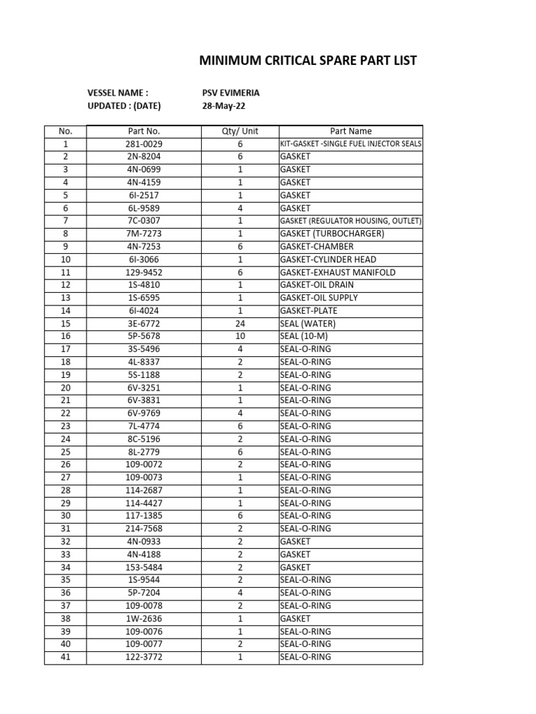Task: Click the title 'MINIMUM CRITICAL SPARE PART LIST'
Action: tap(308, 61)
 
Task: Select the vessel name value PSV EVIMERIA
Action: tap(230, 93)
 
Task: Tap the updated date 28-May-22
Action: tap(223, 106)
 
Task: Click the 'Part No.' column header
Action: tap(144, 131)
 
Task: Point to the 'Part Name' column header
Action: tap(350, 131)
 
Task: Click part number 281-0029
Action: tap(144, 144)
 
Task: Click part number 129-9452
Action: tap(144, 272)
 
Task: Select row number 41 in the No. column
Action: tap(65, 657)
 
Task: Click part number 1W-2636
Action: tap(144, 618)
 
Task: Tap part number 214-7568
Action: tap(144, 529)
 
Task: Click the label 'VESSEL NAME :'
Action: tap(117, 93)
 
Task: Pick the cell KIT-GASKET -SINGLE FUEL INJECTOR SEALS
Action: tap(350, 144)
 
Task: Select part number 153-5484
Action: tap(144, 567)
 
